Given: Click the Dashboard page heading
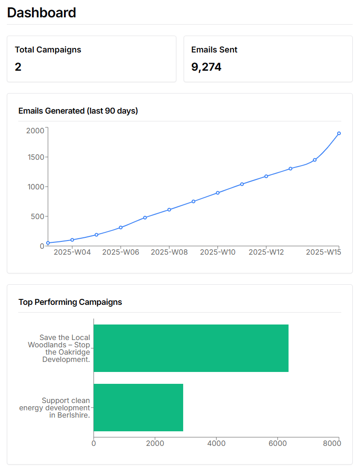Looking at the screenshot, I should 42,13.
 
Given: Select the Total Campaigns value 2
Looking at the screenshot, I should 18,67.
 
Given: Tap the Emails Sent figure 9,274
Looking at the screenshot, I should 206,67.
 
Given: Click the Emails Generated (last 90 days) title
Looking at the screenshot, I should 78,110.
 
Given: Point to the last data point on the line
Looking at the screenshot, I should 339,133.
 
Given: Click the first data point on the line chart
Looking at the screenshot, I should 48,243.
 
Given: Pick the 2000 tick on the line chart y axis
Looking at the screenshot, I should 35,131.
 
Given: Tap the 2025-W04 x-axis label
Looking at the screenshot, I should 72,252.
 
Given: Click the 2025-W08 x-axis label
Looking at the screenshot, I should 169,252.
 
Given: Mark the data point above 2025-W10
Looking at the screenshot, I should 218,193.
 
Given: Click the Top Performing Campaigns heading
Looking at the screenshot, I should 70,302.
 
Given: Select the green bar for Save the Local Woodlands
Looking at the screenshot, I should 191,348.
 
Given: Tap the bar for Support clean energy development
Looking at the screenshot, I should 138,407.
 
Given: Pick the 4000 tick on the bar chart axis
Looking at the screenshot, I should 217,443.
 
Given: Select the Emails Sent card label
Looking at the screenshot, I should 214,50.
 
